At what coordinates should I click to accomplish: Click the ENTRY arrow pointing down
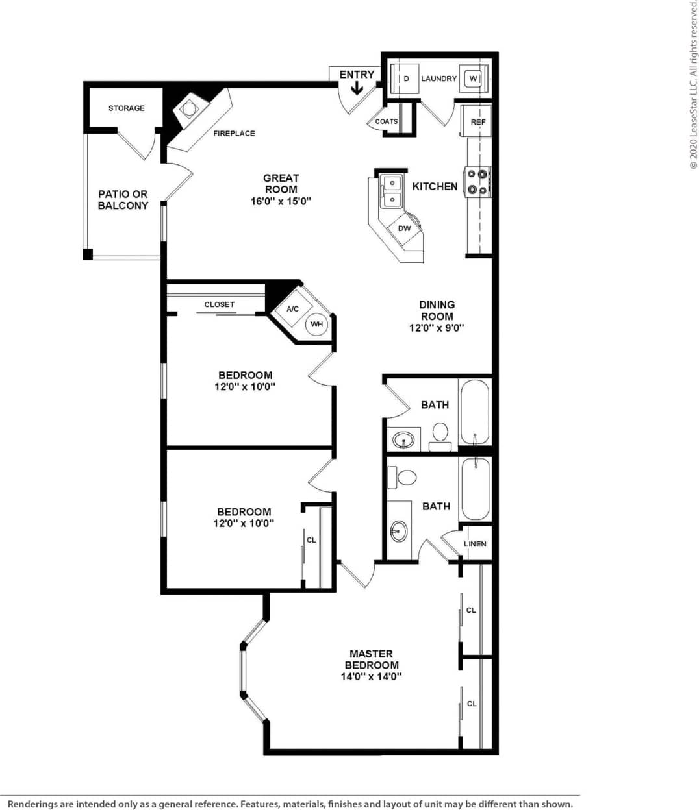[x=357, y=88]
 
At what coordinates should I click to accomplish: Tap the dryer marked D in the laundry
[x=406, y=79]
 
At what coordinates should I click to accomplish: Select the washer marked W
[x=473, y=79]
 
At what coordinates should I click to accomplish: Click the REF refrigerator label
[x=478, y=122]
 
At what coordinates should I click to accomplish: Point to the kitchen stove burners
[x=477, y=182]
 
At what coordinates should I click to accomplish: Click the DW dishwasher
[x=405, y=228]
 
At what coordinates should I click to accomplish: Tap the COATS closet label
[x=387, y=121]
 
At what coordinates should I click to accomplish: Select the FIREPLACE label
[x=234, y=133]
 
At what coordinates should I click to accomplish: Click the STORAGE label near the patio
[x=127, y=108]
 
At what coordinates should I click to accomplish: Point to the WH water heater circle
[x=316, y=324]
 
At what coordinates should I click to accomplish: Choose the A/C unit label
[x=293, y=309]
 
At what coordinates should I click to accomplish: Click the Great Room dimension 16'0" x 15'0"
[x=281, y=201]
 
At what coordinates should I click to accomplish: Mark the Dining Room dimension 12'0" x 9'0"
[x=437, y=328]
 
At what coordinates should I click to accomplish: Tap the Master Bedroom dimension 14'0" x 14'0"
[x=372, y=676]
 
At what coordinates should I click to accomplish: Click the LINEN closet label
[x=475, y=544]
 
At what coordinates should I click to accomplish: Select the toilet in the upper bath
[x=440, y=432]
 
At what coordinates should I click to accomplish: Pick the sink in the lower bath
[x=398, y=531]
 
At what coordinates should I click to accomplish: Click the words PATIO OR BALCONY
[x=123, y=200]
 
